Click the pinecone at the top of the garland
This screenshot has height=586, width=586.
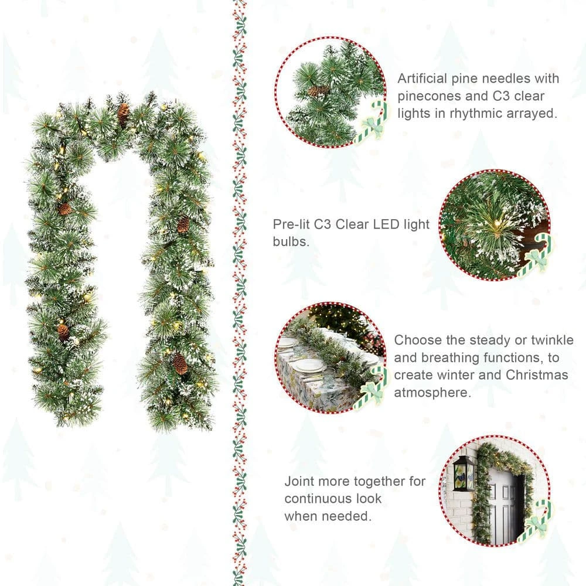[123, 114]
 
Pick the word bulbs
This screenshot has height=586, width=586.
[291, 241]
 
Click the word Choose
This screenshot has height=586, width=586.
[417, 340]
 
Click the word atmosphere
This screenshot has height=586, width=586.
[432, 393]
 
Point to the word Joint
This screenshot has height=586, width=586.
[300, 482]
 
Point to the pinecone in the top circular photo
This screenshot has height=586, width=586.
[319, 90]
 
